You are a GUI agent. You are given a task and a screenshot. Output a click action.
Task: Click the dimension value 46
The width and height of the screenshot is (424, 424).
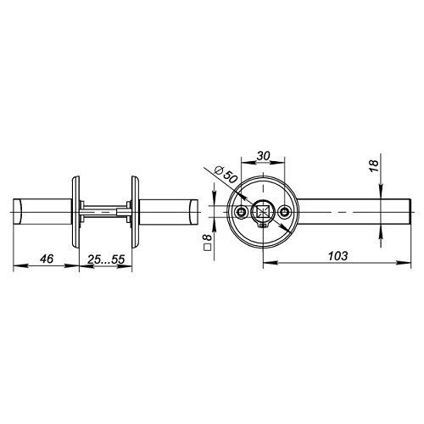47,259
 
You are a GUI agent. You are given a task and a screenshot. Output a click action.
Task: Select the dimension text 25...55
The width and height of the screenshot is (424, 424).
106,259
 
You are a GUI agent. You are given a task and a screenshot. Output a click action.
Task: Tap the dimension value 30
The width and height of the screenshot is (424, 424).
263,156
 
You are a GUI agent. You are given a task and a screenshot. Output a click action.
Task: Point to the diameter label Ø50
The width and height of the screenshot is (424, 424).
226,174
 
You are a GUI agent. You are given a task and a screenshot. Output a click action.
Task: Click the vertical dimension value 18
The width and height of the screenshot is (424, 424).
373,166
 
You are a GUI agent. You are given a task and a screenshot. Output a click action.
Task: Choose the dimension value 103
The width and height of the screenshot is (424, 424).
338,256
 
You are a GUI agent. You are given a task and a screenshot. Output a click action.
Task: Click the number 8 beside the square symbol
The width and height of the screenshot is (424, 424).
208,237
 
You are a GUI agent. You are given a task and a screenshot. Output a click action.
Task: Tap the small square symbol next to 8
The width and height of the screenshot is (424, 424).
208,248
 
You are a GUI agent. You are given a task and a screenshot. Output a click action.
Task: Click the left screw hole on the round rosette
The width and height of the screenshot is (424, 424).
241,212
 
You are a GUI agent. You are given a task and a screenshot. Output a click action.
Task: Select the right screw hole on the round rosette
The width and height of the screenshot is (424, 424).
284,212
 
